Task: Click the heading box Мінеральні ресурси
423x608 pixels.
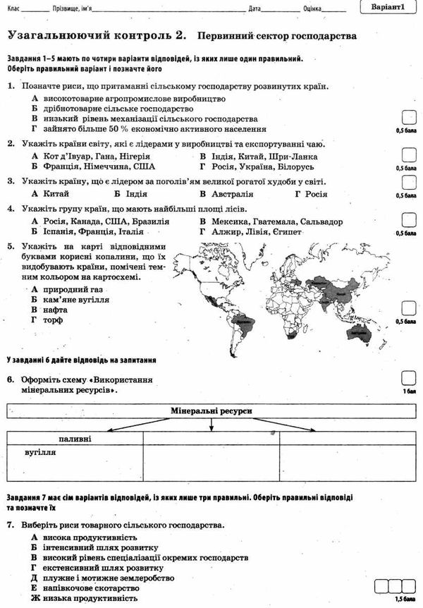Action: [211, 411]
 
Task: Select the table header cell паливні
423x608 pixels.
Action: [75, 439]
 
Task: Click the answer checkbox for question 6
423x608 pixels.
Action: [407, 378]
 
